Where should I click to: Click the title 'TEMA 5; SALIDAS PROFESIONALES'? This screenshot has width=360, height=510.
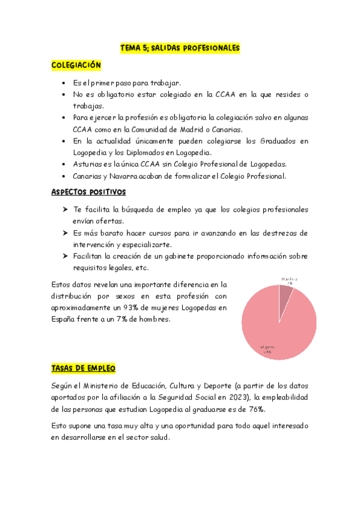(180, 47)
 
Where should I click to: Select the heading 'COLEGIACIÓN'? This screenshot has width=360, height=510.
(76, 65)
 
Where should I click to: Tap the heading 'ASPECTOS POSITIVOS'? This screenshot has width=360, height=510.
(88, 192)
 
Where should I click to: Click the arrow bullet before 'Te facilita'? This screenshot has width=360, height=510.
(65, 209)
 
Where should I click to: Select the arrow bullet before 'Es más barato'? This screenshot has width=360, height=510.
(65, 233)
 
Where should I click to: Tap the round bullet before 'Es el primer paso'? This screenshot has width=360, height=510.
(65, 82)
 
